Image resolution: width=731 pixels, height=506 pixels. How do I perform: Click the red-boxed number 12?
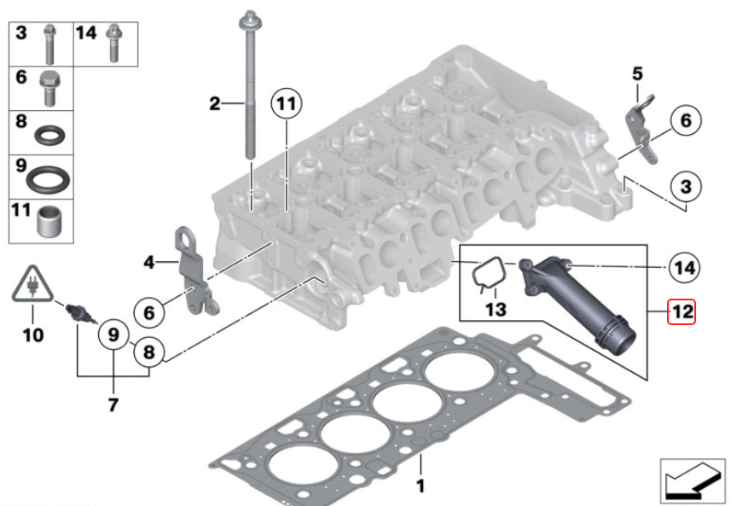[682, 311]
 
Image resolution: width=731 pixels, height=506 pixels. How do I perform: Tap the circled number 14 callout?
[684, 268]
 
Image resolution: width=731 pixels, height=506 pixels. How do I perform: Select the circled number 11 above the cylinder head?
[287, 103]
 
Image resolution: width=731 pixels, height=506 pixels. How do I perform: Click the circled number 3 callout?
[686, 187]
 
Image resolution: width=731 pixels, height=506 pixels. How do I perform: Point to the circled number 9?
[113, 334]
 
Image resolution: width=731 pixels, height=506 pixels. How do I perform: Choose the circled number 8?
[148, 352]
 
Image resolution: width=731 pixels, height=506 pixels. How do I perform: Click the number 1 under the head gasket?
[421, 486]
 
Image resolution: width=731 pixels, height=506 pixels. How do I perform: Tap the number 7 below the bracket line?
[113, 404]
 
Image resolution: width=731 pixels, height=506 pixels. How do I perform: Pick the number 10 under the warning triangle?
[33, 334]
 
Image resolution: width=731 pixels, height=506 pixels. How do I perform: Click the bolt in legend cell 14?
[113, 44]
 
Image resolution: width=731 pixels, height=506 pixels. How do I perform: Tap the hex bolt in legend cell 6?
[49, 89]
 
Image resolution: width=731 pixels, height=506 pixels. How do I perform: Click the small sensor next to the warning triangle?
[80, 314]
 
